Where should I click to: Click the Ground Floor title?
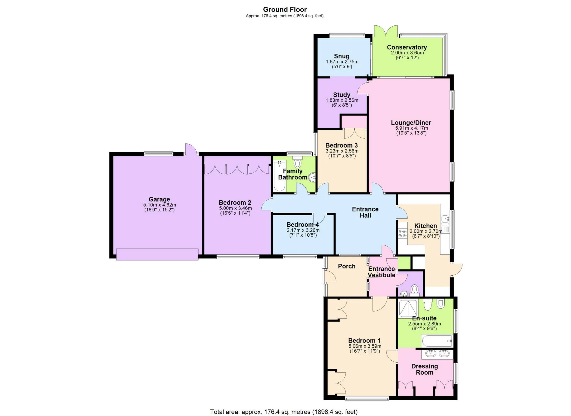(285, 9)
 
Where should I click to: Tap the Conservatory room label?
(407, 47)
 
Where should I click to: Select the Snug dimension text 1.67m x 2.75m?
(342, 62)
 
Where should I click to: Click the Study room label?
(341, 95)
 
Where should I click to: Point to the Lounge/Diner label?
(411, 123)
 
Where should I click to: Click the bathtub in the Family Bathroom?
(279, 176)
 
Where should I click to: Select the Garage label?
(159, 199)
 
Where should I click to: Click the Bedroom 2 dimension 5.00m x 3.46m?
(235, 208)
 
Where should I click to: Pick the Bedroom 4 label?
(303, 225)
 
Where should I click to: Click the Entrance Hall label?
(365, 212)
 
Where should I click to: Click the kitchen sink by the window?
(446, 219)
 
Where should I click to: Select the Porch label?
(347, 266)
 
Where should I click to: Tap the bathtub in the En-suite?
(437, 341)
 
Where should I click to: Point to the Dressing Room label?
(424, 369)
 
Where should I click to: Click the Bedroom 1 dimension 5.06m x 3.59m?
(365, 346)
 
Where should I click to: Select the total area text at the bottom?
(284, 412)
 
